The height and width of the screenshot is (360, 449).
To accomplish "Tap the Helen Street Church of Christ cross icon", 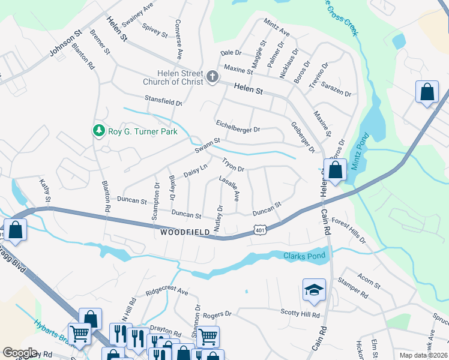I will pos(212,77).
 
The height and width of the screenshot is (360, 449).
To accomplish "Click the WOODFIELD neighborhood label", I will pos(185,231).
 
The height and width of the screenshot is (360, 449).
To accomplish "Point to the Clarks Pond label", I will pos(304,256).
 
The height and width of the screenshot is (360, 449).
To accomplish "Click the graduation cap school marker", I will pos(314,290).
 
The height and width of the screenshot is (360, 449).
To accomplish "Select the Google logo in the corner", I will pos(20,353).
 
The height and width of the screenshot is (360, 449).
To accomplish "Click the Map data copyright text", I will pos(423,355).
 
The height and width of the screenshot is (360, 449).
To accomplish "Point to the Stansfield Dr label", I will pos(163,100).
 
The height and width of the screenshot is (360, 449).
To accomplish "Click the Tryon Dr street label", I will pos(233,165).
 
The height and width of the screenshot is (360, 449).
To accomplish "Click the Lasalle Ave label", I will pos(229,188).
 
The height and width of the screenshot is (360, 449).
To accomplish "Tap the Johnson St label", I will pos(65,45).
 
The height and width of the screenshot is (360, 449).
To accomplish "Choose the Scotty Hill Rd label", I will pos(300,313).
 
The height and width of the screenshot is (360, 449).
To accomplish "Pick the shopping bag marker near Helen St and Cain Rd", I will pos(336,170).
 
